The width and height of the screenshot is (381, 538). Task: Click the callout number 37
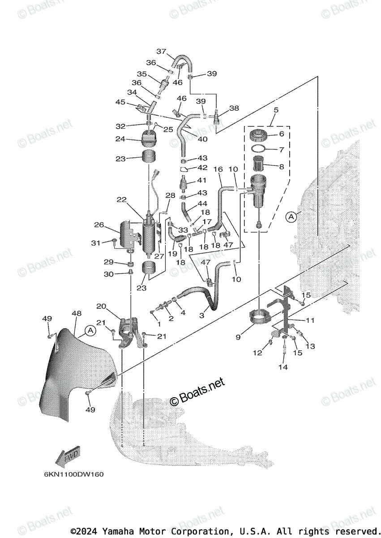tap(161, 51)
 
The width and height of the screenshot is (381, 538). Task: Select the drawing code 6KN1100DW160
tap(73, 474)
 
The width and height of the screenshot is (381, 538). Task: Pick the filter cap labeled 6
tap(259, 134)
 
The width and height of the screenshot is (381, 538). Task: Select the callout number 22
tap(122, 199)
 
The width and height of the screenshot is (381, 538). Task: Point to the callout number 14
tap(283, 367)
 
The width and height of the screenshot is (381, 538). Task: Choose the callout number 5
tap(276, 109)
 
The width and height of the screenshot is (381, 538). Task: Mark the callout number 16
tap(218, 169)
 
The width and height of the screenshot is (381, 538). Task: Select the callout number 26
tap(99, 224)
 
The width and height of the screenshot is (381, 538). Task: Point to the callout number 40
tap(202, 139)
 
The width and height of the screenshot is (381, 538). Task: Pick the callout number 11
tap(310, 320)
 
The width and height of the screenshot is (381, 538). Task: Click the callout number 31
tap(95, 243)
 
